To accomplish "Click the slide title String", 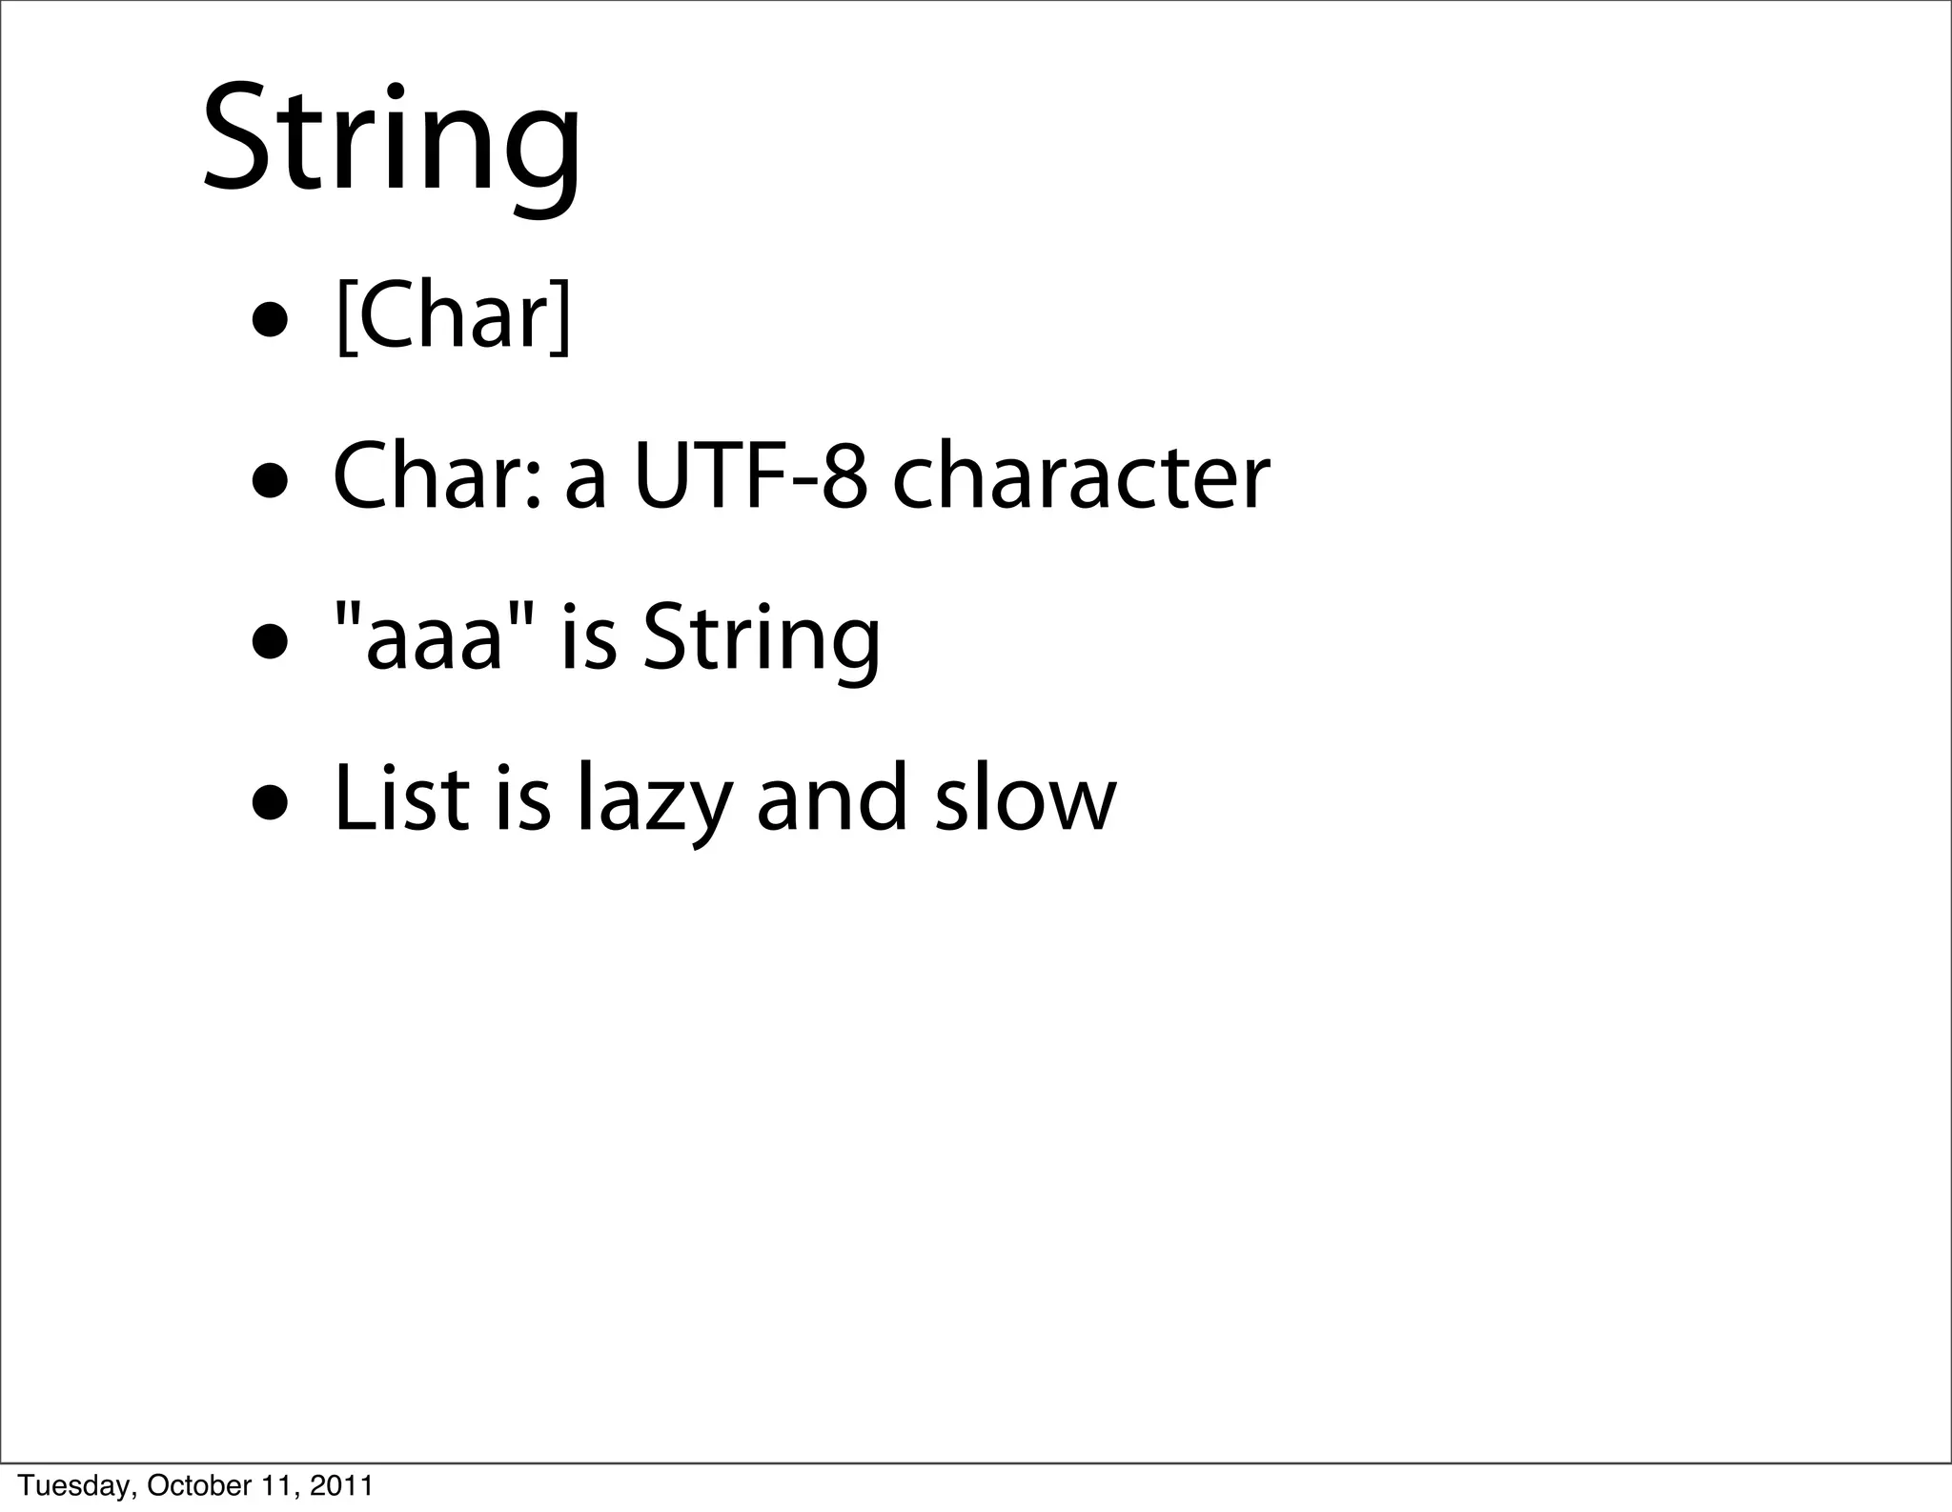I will (x=391, y=143).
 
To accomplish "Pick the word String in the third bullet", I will (x=762, y=640).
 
